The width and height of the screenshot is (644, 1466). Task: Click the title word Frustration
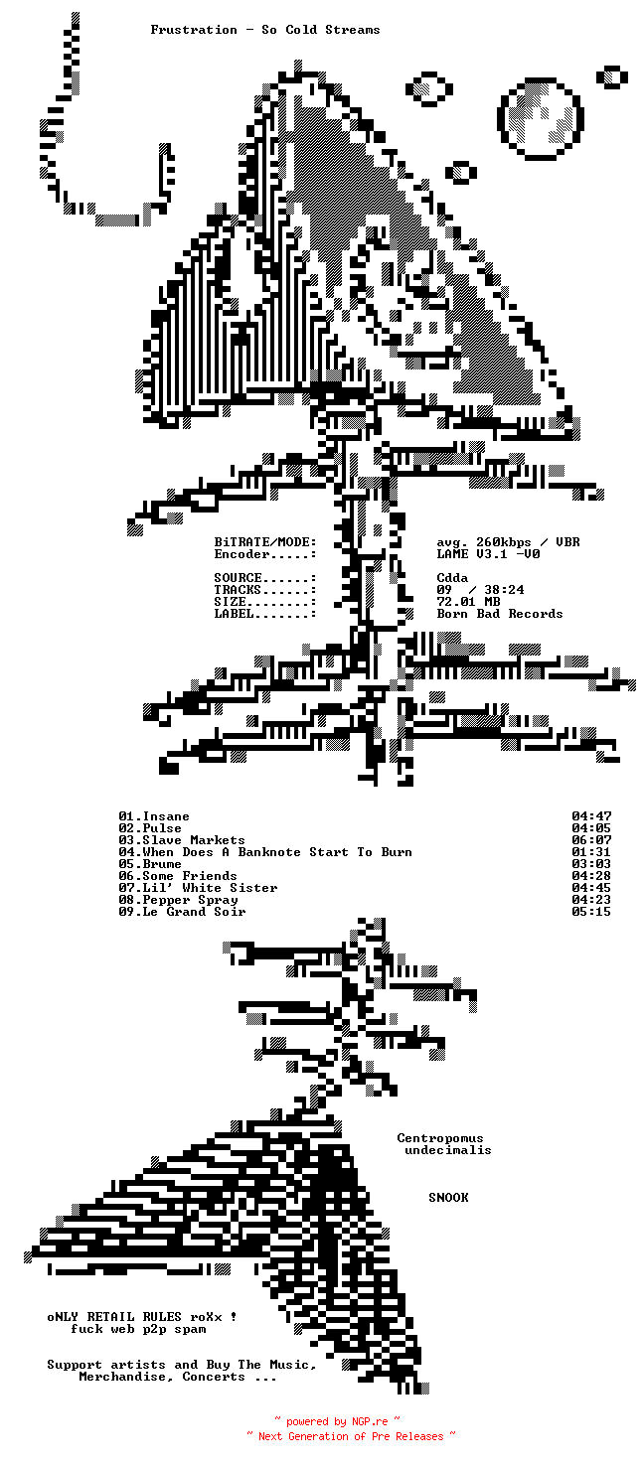pyautogui.click(x=193, y=30)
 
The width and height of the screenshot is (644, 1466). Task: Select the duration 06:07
pyautogui.click(x=591, y=840)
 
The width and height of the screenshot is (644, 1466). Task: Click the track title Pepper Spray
pyautogui.click(x=190, y=900)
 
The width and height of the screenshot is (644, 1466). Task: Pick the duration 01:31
pyautogui.click(x=591, y=852)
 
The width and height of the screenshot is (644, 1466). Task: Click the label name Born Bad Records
pyautogui.click(x=500, y=614)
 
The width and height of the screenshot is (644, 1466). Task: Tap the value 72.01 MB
pyautogui.click(x=468, y=602)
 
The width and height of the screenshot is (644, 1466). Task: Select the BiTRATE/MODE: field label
pyautogui.click(x=265, y=542)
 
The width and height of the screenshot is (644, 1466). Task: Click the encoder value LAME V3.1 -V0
pyautogui.click(x=488, y=554)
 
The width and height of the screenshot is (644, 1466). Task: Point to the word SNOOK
pyautogui.click(x=448, y=1198)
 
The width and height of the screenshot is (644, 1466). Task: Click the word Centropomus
pyautogui.click(x=440, y=1138)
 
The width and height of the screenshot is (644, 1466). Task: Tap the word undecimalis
pyautogui.click(x=448, y=1150)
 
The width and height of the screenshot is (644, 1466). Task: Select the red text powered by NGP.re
pyautogui.click(x=337, y=1421)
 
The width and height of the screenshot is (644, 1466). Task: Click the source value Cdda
pyautogui.click(x=452, y=578)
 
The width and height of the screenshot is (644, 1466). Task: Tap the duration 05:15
pyautogui.click(x=591, y=912)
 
